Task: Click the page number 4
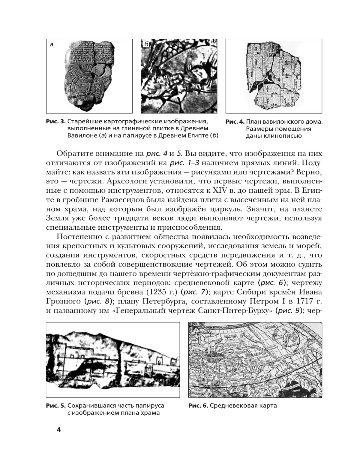[58, 430]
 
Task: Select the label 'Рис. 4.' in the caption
[235, 122]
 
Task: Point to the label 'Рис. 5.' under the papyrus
[56, 406]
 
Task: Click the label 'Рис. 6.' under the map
[198, 406]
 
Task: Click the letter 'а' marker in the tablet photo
[51, 45]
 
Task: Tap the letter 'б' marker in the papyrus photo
[146, 44]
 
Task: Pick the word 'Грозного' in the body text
[64, 301]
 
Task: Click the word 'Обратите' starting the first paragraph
[74, 153]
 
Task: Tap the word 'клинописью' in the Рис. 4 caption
[274, 136]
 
